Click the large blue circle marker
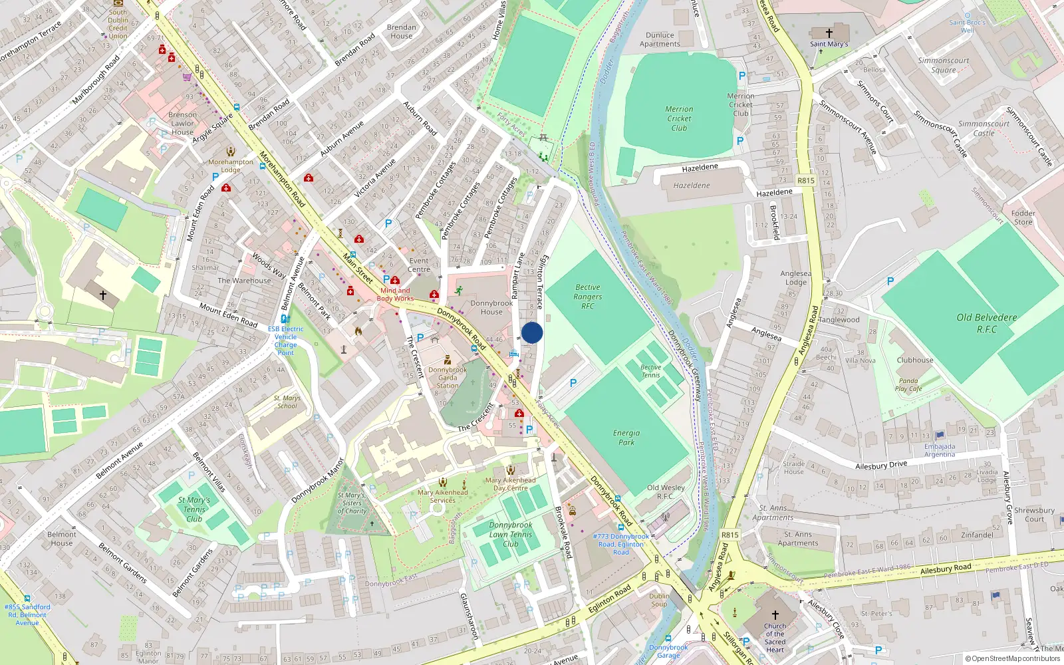(x=532, y=332)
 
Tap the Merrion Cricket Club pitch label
(x=679, y=118)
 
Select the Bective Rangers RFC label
(x=588, y=297)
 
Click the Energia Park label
(x=626, y=437)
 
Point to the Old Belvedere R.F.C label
(x=987, y=323)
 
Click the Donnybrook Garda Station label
(x=448, y=377)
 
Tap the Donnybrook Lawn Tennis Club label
(x=511, y=534)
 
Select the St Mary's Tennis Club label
(x=194, y=509)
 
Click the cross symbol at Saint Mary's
(x=829, y=33)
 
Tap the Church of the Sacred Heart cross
(x=775, y=615)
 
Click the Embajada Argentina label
(x=940, y=450)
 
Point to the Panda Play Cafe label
(x=908, y=385)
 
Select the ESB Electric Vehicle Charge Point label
(x=286, y=340)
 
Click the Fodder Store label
(x=1023, y=217)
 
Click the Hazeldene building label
(x=692, y=186)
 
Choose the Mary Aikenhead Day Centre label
(x=510, y=483)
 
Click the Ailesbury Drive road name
(x=881, y=465)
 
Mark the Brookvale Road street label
(x=563, y=531)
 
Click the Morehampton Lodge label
(x=231, y=166)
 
